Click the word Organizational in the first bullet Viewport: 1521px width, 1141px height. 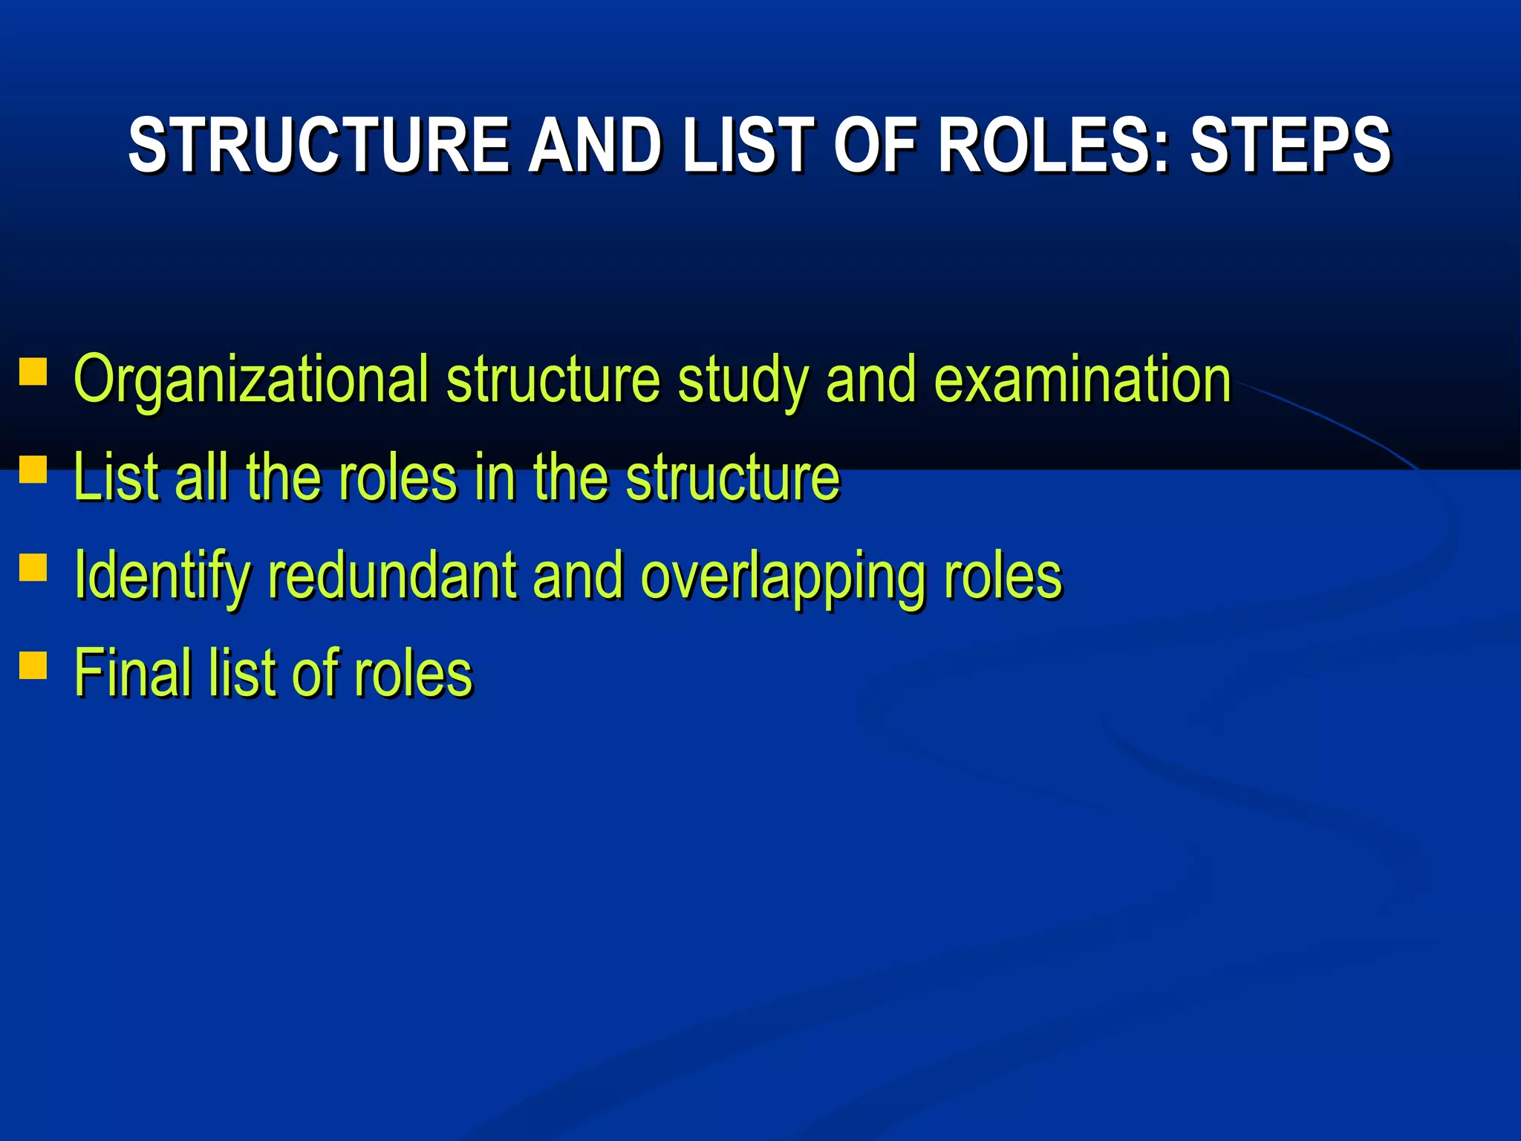pyautogui.click(x=251, y=380)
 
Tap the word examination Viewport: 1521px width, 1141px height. pyautogui.click(x=1082, y=380)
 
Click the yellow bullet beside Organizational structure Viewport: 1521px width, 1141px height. pyautogui.click(x=33, y=372)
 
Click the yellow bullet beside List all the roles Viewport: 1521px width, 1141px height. pyautogui.click(x=33, y=470)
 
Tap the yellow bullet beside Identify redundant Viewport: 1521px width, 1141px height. pyautogui.click(x=33, y=568)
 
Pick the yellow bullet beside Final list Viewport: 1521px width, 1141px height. pyautogui.click(x=33, y=666)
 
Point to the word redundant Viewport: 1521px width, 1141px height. pyautogui.click(x=392, y=576)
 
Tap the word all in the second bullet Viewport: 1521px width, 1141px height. pyautogui.click(x=201, y=478)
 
